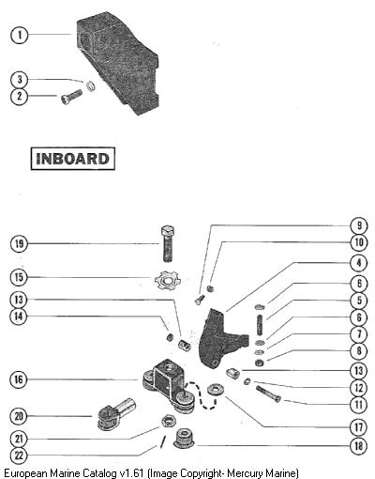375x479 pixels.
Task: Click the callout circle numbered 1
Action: click(x=20, y=35)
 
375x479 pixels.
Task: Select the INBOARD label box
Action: click(x=73, y=159)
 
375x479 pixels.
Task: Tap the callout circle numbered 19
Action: click(x=20, y=243)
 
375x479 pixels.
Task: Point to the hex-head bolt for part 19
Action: click(x=168, y=243)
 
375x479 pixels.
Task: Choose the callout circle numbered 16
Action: click(x=19, y=379)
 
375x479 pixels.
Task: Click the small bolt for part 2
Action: click(x=72, y=97)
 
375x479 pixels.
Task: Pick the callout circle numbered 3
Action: click(x=20, y=80)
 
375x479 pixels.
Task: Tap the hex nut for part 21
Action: click(x=169, y=421)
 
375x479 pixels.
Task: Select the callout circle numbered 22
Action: click(x=19, y=456)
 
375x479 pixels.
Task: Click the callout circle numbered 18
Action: click(x=358, y=445)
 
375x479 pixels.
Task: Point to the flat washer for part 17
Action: click(x=216, y=390)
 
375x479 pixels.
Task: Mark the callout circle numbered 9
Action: click(x=358, y=225)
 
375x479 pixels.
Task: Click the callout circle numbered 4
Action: click(x=358, y=262)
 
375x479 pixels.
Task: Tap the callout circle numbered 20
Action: click(x=19, y=416)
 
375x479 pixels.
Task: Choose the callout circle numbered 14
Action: click(x=19, y=317)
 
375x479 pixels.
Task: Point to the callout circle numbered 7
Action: click(x=358, y=333)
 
